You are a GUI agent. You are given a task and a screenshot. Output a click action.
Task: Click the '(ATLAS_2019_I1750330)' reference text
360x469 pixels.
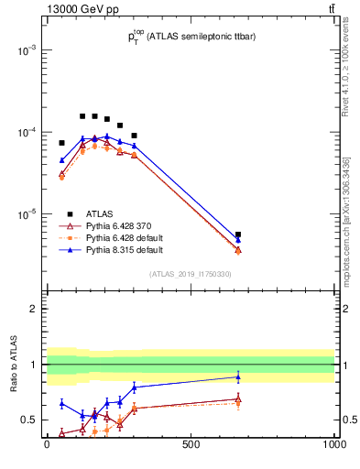pyautogui.click(x=191, y=274)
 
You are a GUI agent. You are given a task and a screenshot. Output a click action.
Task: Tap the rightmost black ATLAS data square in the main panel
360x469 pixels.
pyautogui.click(x=238, y=234)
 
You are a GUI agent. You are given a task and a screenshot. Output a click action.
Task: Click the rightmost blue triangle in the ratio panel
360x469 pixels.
pyautogui.click(x=238, y=376)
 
